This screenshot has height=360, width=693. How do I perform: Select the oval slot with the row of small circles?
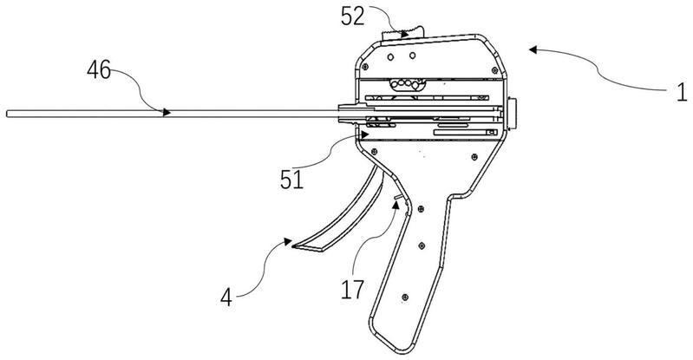[407, 83]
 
